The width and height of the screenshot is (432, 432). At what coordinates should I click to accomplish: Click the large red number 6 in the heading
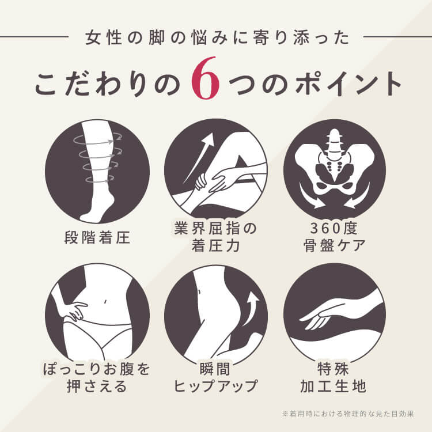(x=205, y=78)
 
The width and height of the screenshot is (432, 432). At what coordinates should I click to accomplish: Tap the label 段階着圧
(x=97, y=237)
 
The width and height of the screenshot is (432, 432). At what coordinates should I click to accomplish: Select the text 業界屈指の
(x=216, y=229)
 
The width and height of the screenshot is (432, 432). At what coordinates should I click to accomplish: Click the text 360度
(x=334, y=229)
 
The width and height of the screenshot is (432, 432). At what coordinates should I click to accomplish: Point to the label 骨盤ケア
(x=334, y=245)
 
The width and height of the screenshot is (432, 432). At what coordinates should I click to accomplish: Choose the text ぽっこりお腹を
(x=97, y=369)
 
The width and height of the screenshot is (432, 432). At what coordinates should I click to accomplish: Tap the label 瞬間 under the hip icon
(x=215, y=369)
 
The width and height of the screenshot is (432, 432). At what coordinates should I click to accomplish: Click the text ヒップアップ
(x=215, y=386)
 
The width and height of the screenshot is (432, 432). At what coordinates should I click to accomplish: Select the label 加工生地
(x=334, y=386)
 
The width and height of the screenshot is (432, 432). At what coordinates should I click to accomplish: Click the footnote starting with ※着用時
(x=348, y=414)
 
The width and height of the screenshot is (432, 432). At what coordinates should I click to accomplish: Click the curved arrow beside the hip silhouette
(x=251, y=309)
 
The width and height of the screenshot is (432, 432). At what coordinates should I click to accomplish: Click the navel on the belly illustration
(x=105, y=301)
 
